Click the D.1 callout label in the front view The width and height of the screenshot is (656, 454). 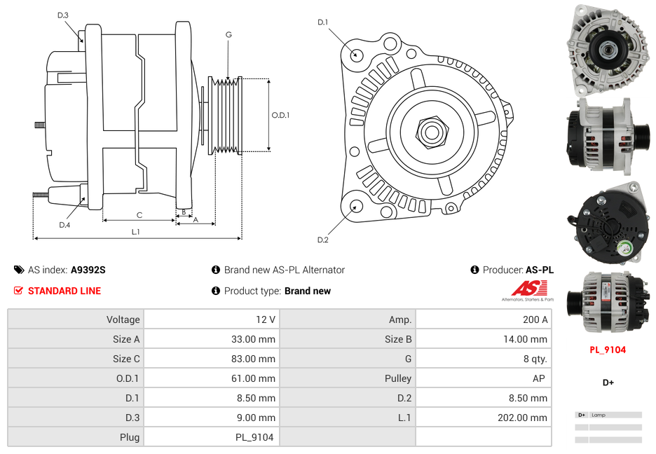coord(323,22)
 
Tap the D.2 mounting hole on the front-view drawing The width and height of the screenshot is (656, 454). coord(356,206)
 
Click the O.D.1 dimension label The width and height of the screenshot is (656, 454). coord(280,116)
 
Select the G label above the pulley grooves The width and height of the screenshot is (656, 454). coord(228,35)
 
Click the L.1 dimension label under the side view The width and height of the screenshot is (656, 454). coord(136,232)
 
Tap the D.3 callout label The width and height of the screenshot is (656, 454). coord(63,15)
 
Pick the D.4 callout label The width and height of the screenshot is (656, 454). coord(64,225)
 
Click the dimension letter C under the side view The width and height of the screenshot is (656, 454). coord(139,215)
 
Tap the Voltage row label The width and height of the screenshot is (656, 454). coord(123,319)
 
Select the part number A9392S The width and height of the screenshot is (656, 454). coord(88,270)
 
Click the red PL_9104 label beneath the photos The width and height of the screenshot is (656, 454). coord(607,350)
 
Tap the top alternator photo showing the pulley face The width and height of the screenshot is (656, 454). coord(607,50)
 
